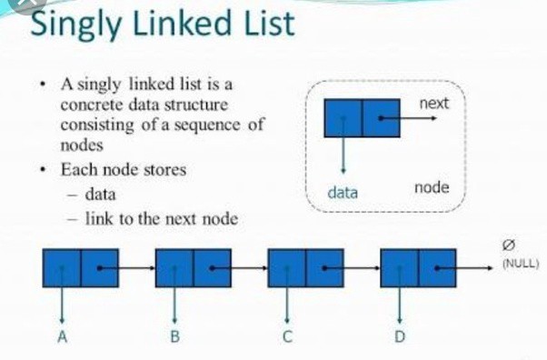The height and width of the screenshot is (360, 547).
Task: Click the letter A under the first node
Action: click(x=62, y=337)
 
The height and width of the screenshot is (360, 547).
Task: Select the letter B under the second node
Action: click(x=174, y=337)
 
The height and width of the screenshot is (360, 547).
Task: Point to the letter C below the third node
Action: click(x=287, y=337)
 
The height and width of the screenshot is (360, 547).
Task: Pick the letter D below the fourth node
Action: click(x=400, y=337)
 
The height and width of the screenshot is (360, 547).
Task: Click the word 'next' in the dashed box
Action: click(x=433, y=105)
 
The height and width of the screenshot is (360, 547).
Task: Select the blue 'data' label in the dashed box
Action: click(x=343, y=193)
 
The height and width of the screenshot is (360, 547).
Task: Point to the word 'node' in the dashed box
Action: click(x=433, y=190)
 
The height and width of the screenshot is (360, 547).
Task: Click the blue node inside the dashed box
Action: click(x=362, y=118)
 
